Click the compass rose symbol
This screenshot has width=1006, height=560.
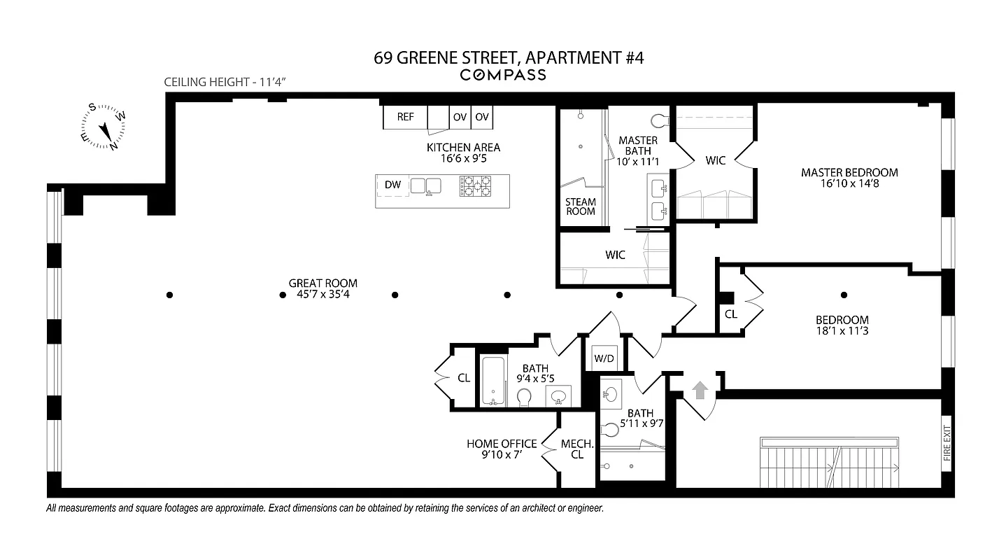click(104, 127)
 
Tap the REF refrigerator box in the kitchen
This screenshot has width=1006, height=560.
click(405, 117)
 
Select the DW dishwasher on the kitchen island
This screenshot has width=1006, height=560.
click(392, 185)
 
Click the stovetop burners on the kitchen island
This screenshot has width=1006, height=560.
click(476, 185)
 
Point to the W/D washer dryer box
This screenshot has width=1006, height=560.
click(604, 359)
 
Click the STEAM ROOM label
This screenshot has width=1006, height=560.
click(580, 206)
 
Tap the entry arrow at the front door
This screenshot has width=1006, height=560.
click(700, 389)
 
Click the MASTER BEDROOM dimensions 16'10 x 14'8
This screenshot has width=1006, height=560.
click(849, 183)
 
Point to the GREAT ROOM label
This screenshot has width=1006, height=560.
click(323, 283)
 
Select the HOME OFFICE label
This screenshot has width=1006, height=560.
click(502, 444)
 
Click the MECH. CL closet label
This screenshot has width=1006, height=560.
click(577, 449)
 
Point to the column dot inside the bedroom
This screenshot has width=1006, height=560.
click(844, 295)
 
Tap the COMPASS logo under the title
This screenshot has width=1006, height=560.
click(502, 75)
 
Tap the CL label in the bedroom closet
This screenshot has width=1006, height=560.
click(730, 315)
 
